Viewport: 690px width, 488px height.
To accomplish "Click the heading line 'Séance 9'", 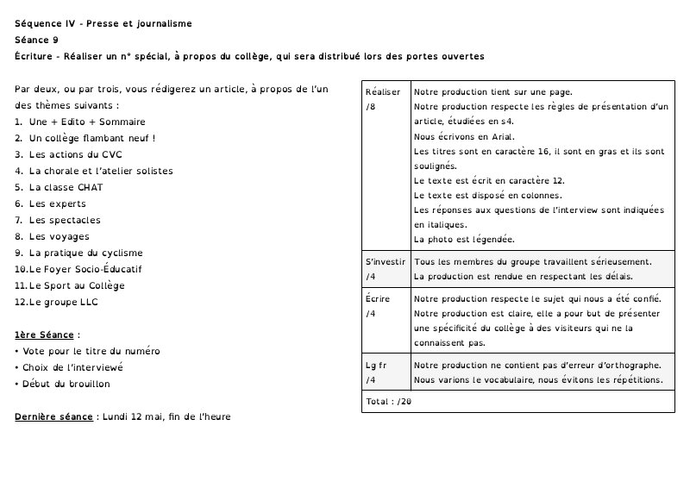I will click(x=37, y=40).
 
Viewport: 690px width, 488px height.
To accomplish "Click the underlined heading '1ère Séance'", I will click(x=45, y=335).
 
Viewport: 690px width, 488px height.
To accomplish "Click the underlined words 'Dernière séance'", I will click(x=53, y=416).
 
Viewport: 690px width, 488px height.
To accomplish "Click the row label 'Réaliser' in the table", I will click(x=383, y=92).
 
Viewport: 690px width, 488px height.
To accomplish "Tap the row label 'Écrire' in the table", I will click(x=378, y=299).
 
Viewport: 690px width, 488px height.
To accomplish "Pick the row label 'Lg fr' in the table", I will click(x=376, y=365).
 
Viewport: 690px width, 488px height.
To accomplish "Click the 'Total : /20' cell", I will click(x=388, y=402).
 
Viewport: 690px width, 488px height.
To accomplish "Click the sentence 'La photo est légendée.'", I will click(x=464, y=239).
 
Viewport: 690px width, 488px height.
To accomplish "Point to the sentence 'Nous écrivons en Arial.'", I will click(x=464, y=136).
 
